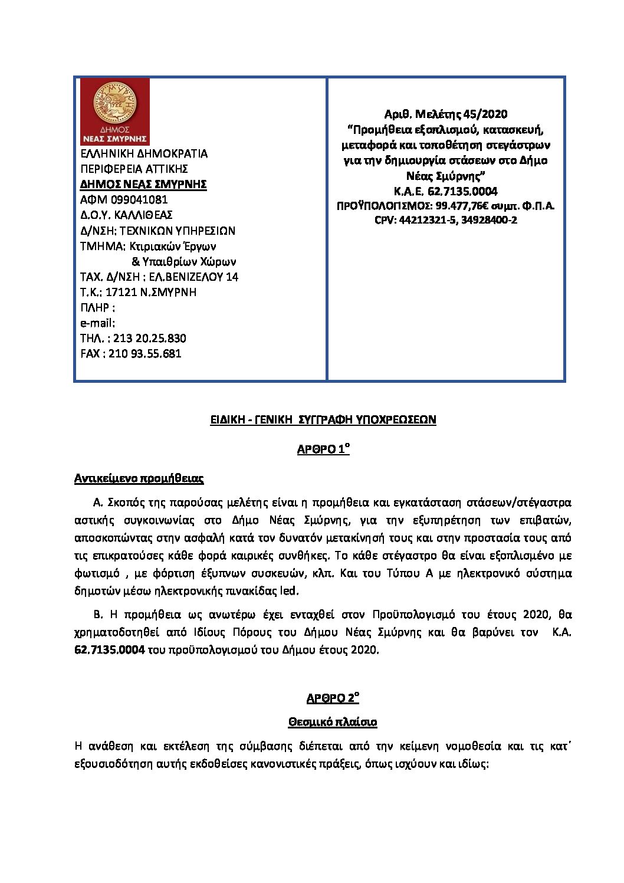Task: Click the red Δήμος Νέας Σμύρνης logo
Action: tap(114, 111)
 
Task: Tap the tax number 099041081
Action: tap(135, 200)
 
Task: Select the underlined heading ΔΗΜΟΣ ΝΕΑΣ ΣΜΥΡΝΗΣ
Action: tap(143, 185)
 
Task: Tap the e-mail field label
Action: tap(97, 323)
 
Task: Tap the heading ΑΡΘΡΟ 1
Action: tap(323, 451)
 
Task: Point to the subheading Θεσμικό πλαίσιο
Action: tap(333, 722)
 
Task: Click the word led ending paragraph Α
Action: tap(291, 591)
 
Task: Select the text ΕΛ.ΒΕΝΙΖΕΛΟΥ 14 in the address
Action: tap(194, 277)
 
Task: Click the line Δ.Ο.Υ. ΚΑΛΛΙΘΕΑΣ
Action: tap(126, 215)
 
